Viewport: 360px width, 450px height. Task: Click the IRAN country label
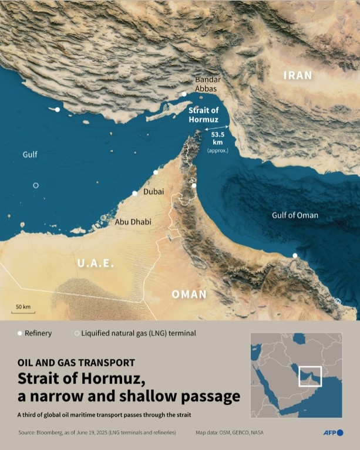[x=298, y=76]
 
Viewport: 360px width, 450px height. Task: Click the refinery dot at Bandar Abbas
[x=184, y=94]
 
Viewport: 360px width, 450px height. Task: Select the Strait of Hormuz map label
[x=204, y=115]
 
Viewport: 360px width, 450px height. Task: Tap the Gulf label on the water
[x=30, y=155]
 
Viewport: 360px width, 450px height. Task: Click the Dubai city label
[x=154, y=191]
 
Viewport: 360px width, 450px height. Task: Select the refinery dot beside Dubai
[x=134, y=193]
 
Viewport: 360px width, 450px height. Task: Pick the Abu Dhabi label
[x=130, y=221]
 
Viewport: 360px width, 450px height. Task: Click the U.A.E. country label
[x=95, y=264]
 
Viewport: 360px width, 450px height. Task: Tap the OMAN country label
[x=189, y=295]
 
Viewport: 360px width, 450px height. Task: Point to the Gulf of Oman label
[x=295, y=215]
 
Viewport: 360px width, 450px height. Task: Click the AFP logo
[x=333, y=433]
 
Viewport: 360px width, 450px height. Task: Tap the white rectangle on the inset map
[x=310, y=375]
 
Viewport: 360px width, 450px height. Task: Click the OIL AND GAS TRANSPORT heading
[x=76, y=363]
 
